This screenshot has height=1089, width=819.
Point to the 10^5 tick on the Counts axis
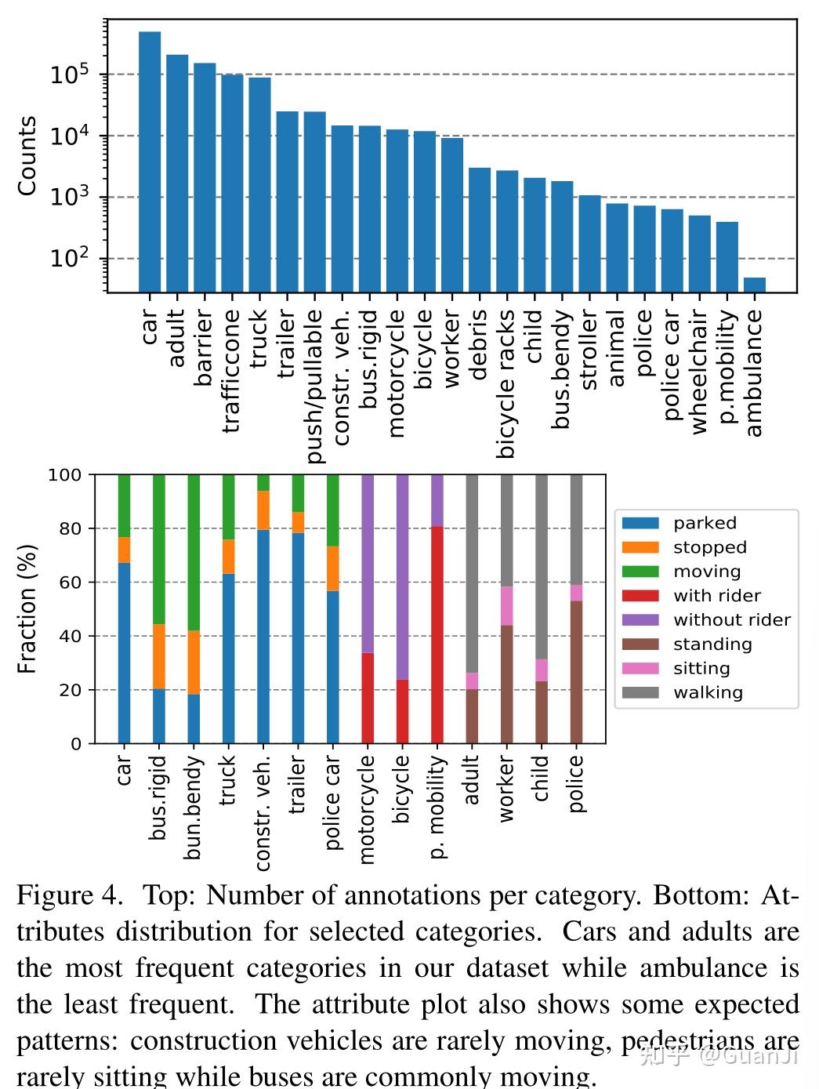pyautogui.click(x=70, y=75)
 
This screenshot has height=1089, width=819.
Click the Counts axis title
pyautogui.click(x=27, y=156)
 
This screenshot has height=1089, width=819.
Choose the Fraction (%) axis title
pyautogui.click(x=27, y=609)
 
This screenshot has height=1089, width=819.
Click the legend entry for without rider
pyautogui.click(x=731, y=620)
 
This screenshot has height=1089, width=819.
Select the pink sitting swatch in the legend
pyautogui.click(x=640, y=669)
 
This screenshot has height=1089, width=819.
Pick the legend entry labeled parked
pyautogui.click(x=705, y=523)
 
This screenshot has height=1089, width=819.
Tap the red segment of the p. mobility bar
pyautogui.click(x=437, y=634)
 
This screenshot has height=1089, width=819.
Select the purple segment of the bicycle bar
pyautogui.click(x=402, y=576)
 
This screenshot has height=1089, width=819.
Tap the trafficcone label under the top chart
pyautogui.click(x=232, y=371)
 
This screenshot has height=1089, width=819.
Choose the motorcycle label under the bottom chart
pyautogui.click(x=367, y=810)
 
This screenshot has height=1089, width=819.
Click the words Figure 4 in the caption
pyautogui.click(x=69, y=895)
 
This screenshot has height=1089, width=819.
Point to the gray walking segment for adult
pyautogui.click(x=472, y=573)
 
